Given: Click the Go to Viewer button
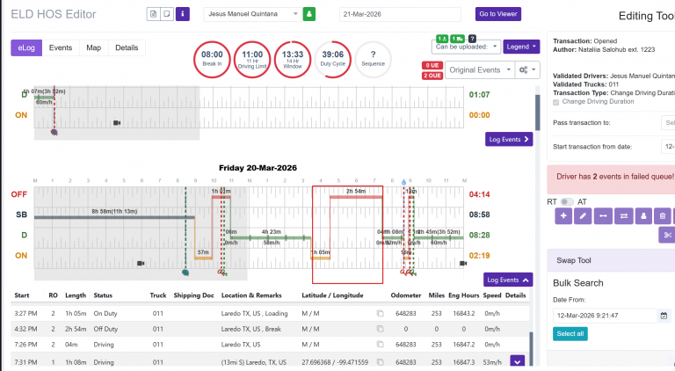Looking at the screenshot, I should (x=498, y=14).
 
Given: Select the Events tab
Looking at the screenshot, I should (x=61, y=47).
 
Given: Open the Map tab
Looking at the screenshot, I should (x=93, y=47).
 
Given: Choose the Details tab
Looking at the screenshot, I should (x=127, y=47).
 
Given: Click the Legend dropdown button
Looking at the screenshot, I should (x=521, y=46).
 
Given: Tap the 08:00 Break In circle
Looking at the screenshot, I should (x=212, y=59).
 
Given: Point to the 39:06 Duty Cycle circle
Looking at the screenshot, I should (x=332, y=59).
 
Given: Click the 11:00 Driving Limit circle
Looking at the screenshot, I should (x=252, y=59).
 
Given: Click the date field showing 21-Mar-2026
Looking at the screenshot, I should (x=399, y=14).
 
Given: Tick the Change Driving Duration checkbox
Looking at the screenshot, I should (x=555, y=102).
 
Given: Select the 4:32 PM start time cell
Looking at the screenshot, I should (x=25, y=328).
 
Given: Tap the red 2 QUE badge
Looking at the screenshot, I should (x=432, y=76).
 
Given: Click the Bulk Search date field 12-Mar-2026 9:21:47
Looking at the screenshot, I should (x=605, y=315).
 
